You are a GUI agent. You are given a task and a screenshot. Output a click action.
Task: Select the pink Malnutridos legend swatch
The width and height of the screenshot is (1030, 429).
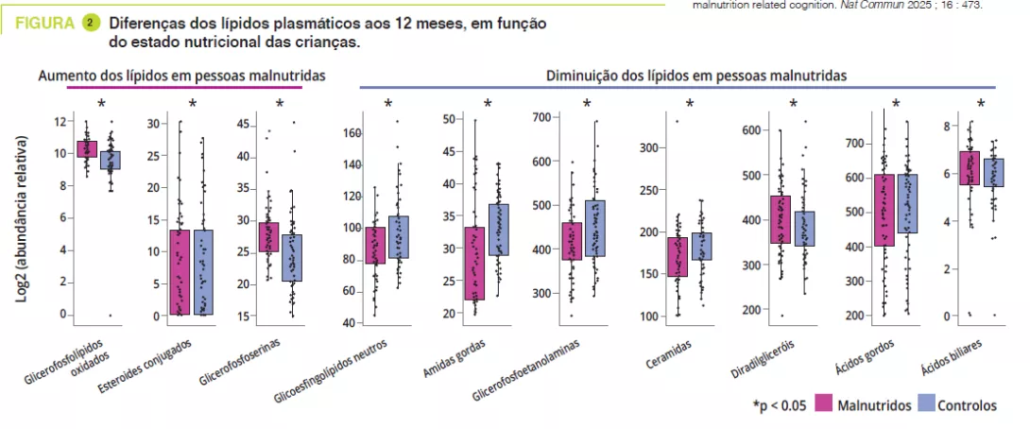tap(821, 404)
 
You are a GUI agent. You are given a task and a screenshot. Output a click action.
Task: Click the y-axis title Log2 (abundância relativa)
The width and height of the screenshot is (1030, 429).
tap(20, 219)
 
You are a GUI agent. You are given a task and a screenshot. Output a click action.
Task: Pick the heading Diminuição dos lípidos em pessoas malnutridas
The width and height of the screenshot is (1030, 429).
tap(695, 75)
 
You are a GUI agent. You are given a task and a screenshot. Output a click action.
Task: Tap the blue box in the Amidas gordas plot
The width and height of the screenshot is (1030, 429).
tap(497, 230)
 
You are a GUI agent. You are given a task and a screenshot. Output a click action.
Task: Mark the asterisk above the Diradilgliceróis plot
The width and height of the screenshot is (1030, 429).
tap(794, 104)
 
